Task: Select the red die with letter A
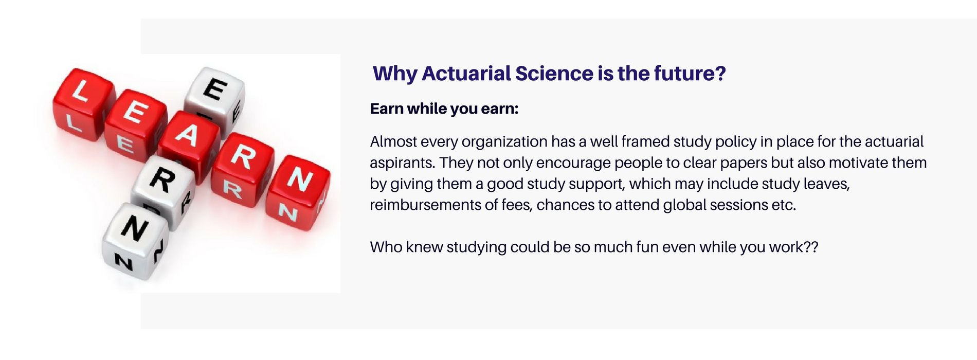[188, 141]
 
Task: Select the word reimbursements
[425, 205]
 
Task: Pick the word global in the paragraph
[684, 205]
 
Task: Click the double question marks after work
[811, 247]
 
